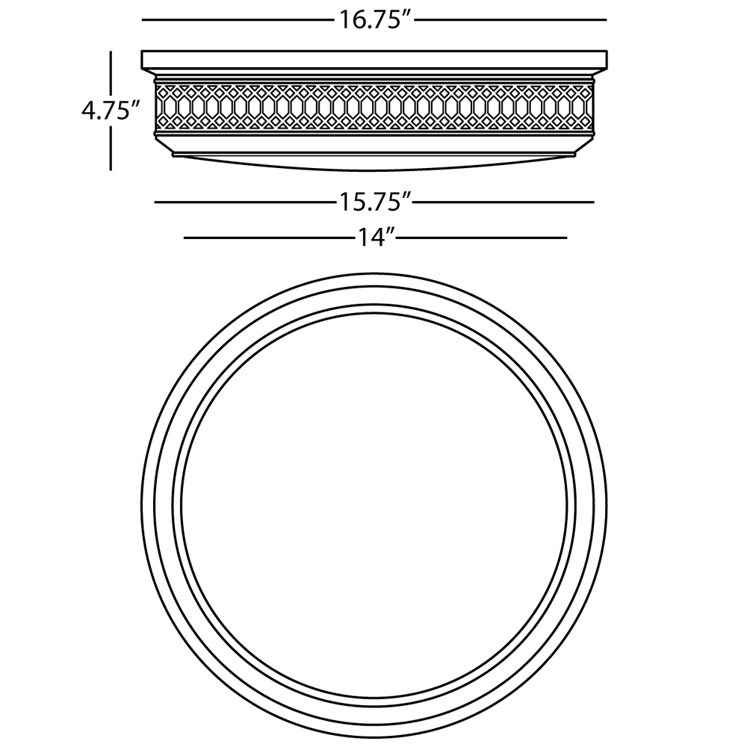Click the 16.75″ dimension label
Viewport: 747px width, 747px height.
point(375,20)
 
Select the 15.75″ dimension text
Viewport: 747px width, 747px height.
point(375,202)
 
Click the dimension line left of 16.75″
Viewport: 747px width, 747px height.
point(238,20)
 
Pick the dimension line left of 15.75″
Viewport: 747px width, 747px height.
point(245,202)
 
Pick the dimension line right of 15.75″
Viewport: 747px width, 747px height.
point(504,202)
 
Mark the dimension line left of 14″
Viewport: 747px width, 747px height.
point(269,238)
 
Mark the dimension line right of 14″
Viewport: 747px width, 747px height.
point(482,238)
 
